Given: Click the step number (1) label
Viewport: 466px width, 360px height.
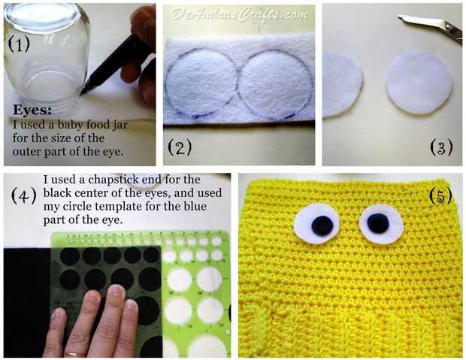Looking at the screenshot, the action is coord(19,44).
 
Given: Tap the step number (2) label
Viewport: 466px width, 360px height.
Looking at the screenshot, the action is coord(180,147).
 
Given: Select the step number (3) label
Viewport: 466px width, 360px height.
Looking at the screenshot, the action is coord(441,147).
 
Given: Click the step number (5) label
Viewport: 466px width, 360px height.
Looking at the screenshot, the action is coord(440,196).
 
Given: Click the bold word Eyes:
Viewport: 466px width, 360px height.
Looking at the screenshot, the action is coord(32,110).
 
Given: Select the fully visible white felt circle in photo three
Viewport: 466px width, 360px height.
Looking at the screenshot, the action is coord(419,83).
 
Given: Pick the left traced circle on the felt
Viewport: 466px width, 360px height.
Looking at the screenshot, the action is coord(201,83).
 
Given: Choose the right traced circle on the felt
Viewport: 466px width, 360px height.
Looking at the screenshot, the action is coord(275,83).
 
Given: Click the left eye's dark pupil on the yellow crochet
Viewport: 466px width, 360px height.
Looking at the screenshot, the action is coord(322,225).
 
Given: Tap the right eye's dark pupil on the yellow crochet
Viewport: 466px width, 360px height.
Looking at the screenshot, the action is coord(378,223).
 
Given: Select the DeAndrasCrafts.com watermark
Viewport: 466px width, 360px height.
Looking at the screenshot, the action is coord(239,14).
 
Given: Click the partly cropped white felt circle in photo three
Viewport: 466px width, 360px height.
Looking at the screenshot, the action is coord(343,86).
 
